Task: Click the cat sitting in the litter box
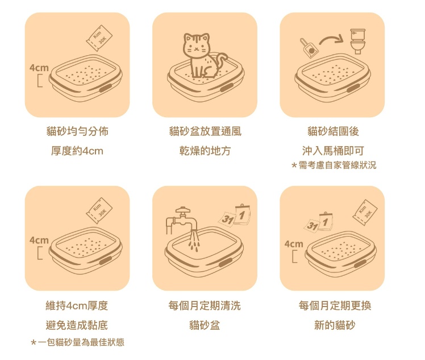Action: coord(200,56)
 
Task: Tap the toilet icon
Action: coord(357,42)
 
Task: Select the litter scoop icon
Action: coord(309,48)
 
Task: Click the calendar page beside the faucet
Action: coord(235,216)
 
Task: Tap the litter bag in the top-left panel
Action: coord(99,38)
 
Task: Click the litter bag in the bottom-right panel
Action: coord(365,213)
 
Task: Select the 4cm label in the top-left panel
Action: coord(39,68)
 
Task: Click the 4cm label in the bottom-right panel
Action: coord(294,244)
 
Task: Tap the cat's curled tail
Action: coord(222,61)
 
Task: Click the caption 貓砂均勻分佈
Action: coord(77,131)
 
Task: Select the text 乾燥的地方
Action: coord(205,151)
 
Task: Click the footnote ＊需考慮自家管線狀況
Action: coord(334,165)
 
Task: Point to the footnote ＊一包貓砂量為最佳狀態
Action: coord(77,342)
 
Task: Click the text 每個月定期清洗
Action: coord(205,306)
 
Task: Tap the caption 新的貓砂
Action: coord(335,325)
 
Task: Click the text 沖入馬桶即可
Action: coord(333,151)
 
